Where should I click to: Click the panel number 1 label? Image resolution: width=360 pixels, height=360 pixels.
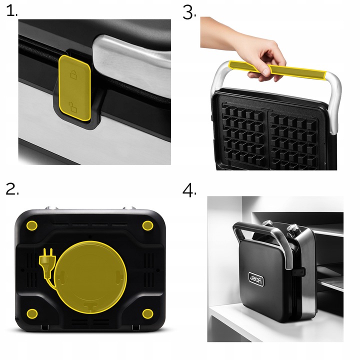(x=11, y=11)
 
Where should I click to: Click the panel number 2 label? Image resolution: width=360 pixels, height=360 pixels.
(x=12, y=189)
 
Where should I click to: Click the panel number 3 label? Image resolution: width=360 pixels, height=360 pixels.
(x=189, y=12)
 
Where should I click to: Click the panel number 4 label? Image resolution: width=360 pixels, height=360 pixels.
(x=189, y=190)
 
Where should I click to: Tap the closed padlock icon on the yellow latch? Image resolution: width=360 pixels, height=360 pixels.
(x=73, y=75)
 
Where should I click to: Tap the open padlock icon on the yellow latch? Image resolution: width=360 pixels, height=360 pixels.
(x=73, y=107)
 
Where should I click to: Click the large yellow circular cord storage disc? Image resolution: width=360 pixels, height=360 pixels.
(x=90, y=277)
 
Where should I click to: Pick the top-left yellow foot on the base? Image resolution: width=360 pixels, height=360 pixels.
(x=32, y=225)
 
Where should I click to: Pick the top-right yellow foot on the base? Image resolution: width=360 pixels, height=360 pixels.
(x=147, y=225)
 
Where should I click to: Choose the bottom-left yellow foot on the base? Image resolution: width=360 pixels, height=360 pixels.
(x=32, y=313)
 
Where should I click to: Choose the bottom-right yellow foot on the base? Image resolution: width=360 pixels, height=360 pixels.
(x=147, y=313)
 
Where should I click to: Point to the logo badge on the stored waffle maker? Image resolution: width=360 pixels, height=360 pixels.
(x=256, y=279)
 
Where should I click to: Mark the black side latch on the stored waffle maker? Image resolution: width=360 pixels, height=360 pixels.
(x=298, y=272)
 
